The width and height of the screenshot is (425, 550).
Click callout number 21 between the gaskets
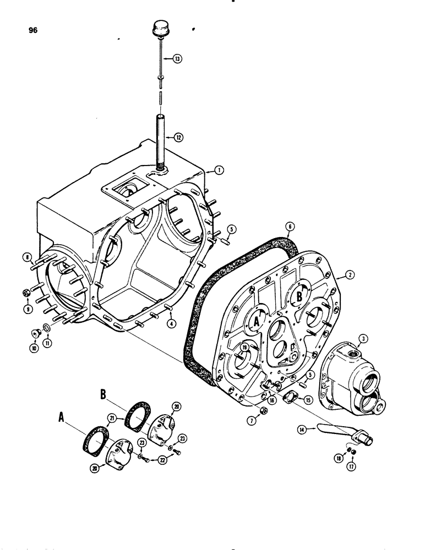point(112,420)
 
